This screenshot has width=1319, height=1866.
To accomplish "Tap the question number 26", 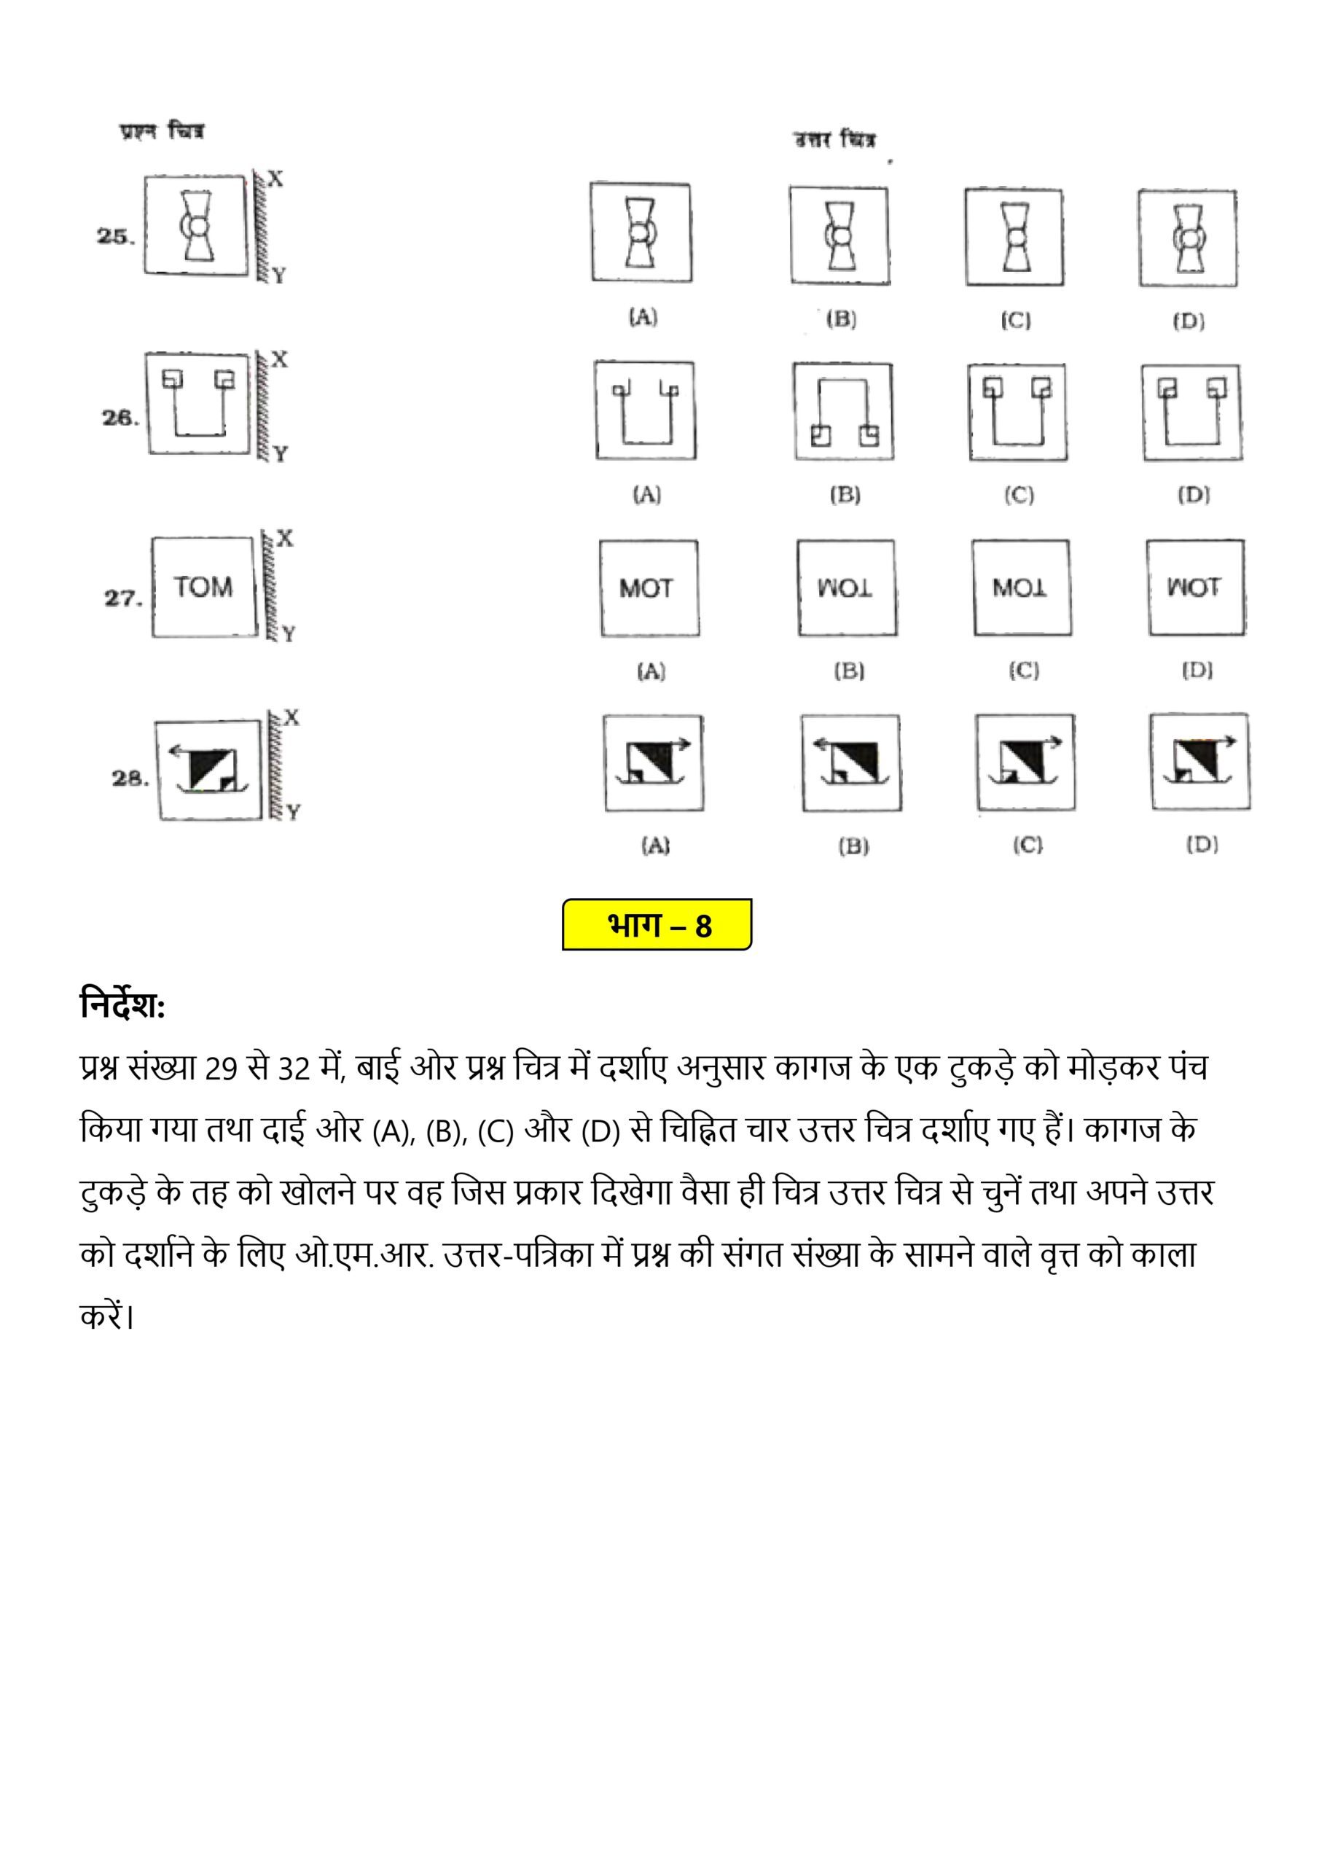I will [119, 418].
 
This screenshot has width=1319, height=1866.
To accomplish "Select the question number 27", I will [122, 598].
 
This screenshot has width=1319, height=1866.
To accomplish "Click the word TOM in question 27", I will [203, 587].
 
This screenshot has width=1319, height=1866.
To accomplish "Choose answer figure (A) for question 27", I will [649, 587].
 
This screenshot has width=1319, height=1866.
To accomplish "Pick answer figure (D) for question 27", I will [1195, 587].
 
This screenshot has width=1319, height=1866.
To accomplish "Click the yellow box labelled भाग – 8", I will [657, 925].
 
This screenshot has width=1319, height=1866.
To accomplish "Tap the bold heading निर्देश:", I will [122, 1006].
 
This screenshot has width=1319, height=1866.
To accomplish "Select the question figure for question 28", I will [210, 769].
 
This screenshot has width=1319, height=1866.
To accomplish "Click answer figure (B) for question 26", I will [844, 411].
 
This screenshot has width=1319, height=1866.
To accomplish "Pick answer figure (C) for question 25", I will [1014, 238].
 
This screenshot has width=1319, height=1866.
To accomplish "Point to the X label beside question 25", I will [275, 179].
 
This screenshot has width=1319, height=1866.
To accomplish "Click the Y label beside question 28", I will [294, 811].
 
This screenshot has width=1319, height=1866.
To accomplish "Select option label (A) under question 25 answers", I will [643, 317].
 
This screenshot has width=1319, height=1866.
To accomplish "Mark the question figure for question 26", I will [198, 403].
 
